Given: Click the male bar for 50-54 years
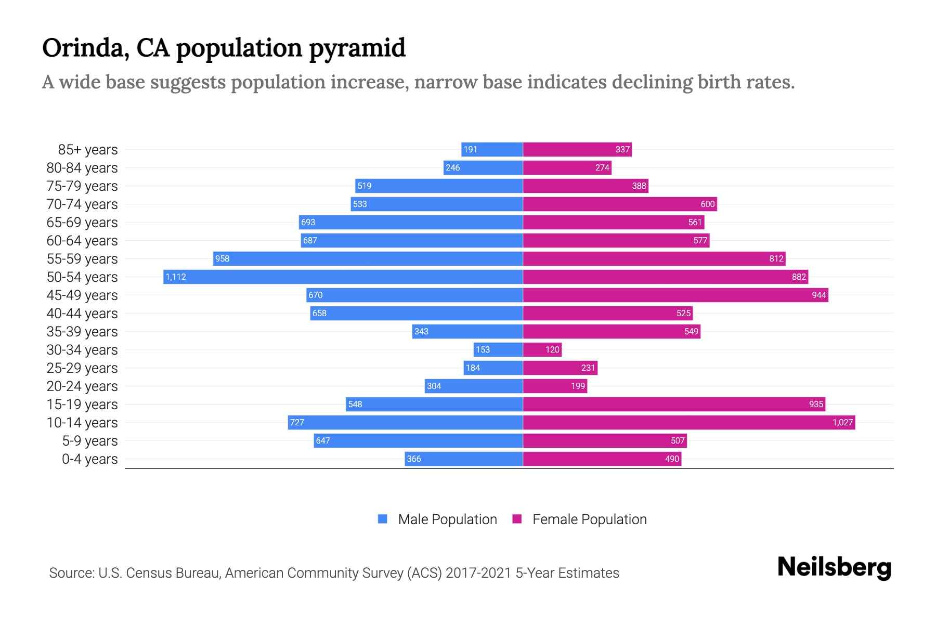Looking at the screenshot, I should [343, 277].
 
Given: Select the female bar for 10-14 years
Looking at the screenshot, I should [689, 422].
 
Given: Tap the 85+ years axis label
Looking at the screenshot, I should [88, 150].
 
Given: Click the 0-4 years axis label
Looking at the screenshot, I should [89, 459].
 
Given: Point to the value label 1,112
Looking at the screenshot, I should [176, 277].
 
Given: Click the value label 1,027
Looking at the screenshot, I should [842, 422].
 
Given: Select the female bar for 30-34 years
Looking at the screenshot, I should [542, 349].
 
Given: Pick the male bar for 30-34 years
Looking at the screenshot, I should [498, 349].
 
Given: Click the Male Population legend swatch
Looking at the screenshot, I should [383, 519].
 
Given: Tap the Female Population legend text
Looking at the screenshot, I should [589, 519].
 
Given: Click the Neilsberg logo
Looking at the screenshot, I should [834, 567].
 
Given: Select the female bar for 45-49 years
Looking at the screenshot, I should [675, 295].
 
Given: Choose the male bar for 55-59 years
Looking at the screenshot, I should [368, 258].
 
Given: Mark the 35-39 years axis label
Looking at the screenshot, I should [82, 332].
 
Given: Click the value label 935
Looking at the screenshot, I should [816, 404].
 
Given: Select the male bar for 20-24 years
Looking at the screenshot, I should [473, 386].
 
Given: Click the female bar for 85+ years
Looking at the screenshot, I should [577, 149].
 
